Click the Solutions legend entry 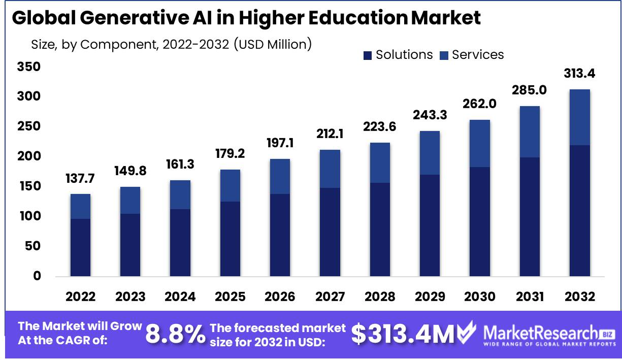point(398,55)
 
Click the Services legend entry point(472,55)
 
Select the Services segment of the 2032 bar point(579,117)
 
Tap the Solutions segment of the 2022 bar point(80,247)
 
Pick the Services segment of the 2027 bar point(330,169)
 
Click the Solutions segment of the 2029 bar point(430,225)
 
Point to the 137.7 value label point(80,178)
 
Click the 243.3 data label point(430,115)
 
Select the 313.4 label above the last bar point(579,74)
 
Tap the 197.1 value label point(280,143)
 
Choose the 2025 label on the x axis point(230,297)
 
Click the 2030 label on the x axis point(479,297)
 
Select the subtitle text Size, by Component point(94,45)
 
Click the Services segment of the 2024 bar point(180,194)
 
